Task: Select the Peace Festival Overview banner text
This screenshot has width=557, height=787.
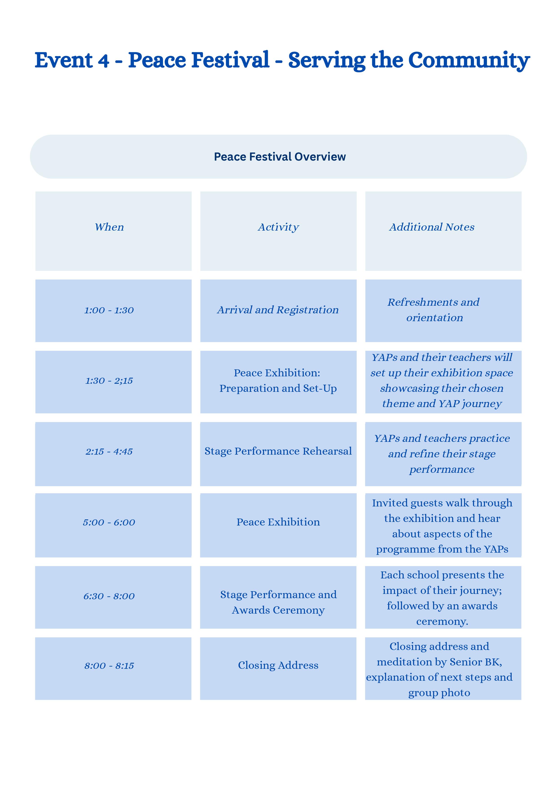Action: (x=280, y=157)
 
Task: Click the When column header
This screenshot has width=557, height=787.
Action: (x=109, y=227)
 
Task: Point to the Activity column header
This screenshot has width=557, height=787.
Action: (x=278, y=227)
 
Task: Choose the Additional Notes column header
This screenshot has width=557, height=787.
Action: (x=432, y=227)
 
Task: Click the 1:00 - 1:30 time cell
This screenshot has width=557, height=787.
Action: (x=109, y=310)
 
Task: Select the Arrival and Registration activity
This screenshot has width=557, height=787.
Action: (x=278, y=310)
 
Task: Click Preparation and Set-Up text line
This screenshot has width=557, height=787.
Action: (x=278, y=388)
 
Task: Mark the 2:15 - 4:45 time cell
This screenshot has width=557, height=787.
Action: (x=109, y=451)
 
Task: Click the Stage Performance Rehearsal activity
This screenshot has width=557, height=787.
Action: (x=278, y=451)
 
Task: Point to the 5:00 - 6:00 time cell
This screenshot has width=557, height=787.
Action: (x=109, y=522)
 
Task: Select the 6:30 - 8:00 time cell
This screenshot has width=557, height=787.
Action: (x=109, y=596)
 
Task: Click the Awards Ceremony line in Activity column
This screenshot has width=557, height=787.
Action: (x=278, y=610)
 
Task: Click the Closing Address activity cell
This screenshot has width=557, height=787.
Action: (x=278, y=665)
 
